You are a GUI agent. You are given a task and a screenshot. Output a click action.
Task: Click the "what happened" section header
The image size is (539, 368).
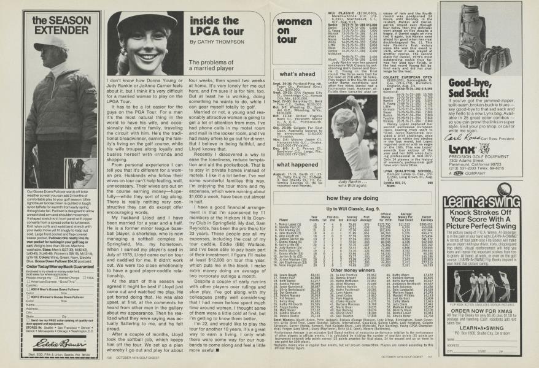[289, 165]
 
